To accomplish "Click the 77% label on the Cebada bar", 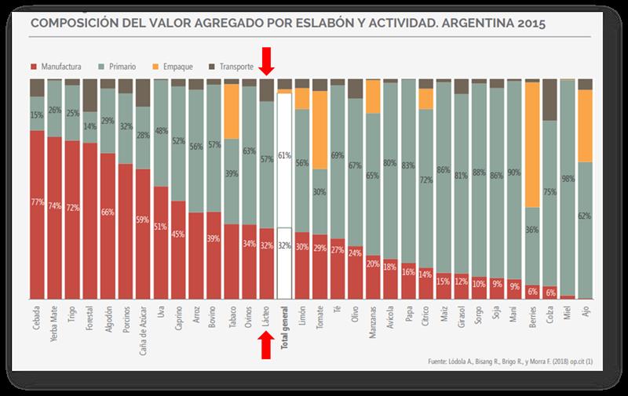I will click(36, 202).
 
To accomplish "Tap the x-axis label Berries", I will click(531, 324).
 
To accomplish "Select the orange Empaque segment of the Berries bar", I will click(531, 144).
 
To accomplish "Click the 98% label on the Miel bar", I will click(568, 178).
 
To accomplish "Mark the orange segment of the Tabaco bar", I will click(231, 111).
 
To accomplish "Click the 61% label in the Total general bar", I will click(284, 154).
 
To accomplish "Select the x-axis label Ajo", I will click(585, 318).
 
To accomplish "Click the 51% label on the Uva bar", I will click(160, 227).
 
